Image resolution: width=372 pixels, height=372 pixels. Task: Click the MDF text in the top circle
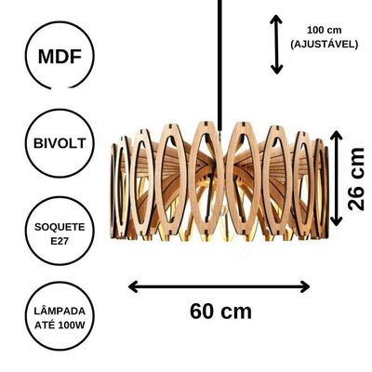pos(60,57)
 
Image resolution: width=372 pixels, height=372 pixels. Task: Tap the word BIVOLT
pos(60,143)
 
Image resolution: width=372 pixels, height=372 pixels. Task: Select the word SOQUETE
pos(60,227)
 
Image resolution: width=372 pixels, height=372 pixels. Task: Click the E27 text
pos(60,241)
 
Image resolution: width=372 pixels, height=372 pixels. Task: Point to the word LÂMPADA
pos(60,311)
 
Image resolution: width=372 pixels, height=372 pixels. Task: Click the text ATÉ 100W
pos(60,325)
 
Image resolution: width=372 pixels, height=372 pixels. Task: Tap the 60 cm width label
pos(220,312)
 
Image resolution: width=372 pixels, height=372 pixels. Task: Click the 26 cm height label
pos(356,179)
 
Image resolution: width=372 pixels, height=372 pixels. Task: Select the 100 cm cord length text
pos(325,31)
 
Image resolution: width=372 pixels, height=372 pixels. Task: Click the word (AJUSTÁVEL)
pos(325,44)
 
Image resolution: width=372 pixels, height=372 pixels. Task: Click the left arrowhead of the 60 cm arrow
pos(133,286)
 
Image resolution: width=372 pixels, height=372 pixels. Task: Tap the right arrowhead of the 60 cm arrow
pos(305,286)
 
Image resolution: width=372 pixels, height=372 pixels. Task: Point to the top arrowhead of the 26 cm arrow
pos(337,136)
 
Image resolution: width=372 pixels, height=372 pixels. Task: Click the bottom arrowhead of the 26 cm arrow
pos(337,220)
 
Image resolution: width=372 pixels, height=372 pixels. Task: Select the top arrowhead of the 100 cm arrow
pos(276,20)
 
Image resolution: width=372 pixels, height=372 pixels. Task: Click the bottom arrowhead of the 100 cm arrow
pos(276,70)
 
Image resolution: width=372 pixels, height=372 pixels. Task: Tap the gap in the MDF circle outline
pos(60,89)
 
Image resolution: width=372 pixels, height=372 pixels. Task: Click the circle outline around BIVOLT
pos(25,143)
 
